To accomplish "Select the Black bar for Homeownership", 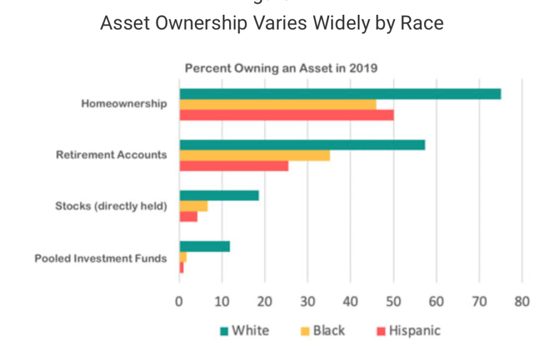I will [277, 104].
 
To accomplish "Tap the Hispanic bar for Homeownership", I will [286, 115].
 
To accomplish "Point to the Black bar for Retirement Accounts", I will [254, 155].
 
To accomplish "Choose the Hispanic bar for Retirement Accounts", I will [234, 166].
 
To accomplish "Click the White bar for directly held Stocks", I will [219, 195].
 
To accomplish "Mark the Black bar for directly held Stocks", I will [193, 206].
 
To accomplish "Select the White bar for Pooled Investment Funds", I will [204, 247].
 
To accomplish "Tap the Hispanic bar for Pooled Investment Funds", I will [181, 268].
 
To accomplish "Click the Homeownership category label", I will [124, 104].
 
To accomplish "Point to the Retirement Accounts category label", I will [111, 155].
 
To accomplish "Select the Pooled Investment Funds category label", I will [100, 259].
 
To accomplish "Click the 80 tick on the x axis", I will [522, 302].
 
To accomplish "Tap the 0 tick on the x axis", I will [179, 302].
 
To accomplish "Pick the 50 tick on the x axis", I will [393, 302].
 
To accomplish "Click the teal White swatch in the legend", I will [224, 331].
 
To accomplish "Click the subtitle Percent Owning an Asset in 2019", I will [281, 69].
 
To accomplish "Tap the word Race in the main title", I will [421, 23].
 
